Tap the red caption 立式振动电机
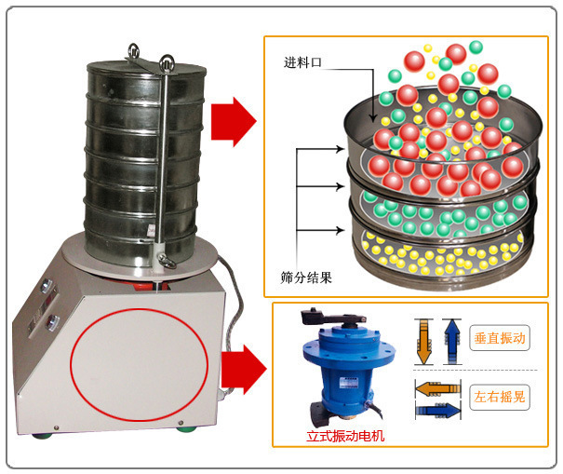[x=344, y=434]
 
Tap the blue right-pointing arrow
[x=438, y=408]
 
